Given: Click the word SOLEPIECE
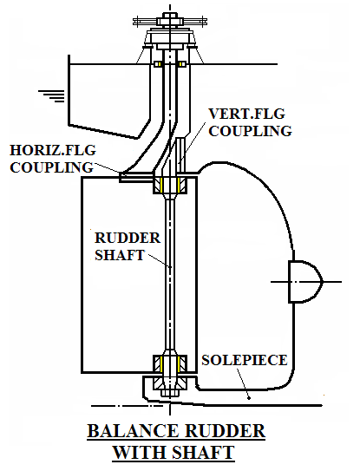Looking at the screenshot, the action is click(245, 360).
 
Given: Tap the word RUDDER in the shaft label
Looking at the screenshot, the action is click(128, 238).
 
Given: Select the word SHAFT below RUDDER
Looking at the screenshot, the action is click(120, 255).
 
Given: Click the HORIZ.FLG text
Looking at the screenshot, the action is click(53, 150).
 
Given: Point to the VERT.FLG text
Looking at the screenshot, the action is click(246, 114).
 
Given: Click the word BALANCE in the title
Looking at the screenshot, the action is click(133, 431).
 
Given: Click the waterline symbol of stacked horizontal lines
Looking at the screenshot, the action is click(51, 95).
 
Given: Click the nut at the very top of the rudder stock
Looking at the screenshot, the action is click(170, 15).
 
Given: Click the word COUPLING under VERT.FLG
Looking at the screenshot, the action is click(251, 131).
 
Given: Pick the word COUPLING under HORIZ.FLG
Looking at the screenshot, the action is click(52, 167).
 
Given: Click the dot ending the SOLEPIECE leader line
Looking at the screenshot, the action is click(249, 398).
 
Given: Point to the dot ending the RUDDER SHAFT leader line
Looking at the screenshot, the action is click(170, 266).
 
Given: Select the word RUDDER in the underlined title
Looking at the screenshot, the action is click(225, 431).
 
